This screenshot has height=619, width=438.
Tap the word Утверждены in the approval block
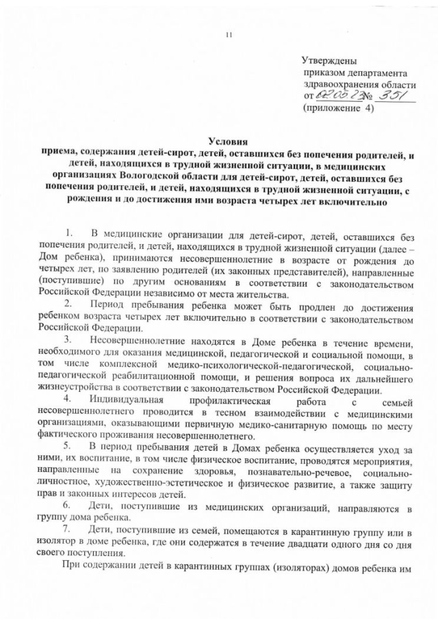point(329,62)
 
